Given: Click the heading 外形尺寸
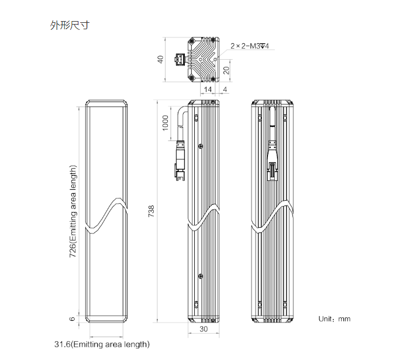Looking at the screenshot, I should pyautogui.click(x=70, y=26).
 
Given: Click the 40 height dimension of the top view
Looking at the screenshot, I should pyautogui.click(x=160, y=60).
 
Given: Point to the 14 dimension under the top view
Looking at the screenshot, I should pyautogui.click(x=208, y=89).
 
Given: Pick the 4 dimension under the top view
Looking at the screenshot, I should pyautogui.click(x=225, y=89).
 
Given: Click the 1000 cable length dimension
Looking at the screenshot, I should pyautogui.click(x=166, y=123).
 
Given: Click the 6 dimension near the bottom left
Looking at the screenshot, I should pyautogui.click(x=73, y=319).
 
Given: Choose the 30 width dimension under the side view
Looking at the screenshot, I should pyautogui.click(x=204, y=329).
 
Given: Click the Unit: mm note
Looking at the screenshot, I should pyautogui.click(x=334, y=319).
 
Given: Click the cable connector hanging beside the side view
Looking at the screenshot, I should pyautogui.click(x=180, y=161).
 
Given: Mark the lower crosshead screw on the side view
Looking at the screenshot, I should pyautogui.click(x=202, y=275).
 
